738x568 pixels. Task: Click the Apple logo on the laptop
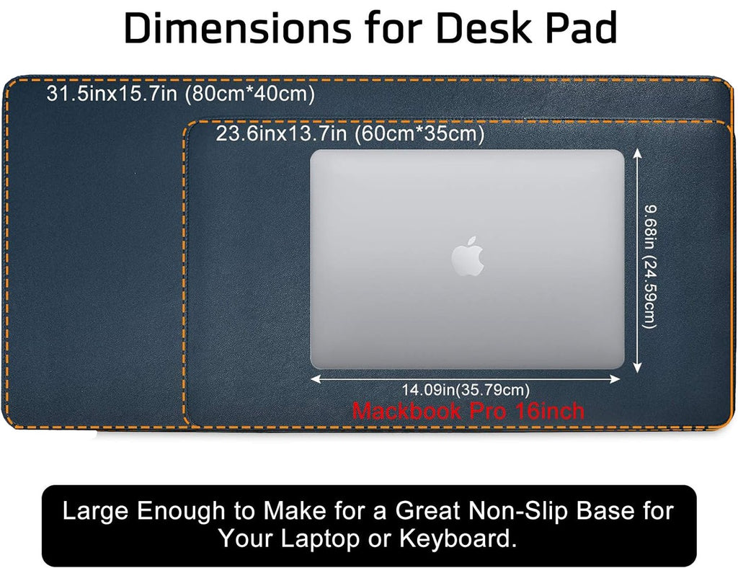(x=467, y=256)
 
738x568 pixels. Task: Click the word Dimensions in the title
(x=237, y=29)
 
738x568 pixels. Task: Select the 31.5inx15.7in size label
(x=112, y=94)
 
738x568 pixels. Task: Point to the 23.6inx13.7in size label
(x=281, y=133)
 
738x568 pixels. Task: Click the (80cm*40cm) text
(x=249, y=94)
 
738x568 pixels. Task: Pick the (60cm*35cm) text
(x=419, y=134)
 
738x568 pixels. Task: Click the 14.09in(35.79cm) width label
(x=466, y=390)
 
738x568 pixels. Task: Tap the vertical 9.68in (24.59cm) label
(x=650, y=267)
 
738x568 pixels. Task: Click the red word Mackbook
(x=406, y=411)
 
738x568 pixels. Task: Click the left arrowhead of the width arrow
(x=315, y=379)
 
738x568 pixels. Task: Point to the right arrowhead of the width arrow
(x=615, y=379)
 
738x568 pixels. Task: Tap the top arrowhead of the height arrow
(x=637, y=154)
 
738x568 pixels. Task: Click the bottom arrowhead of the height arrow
(x=637, y=368)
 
